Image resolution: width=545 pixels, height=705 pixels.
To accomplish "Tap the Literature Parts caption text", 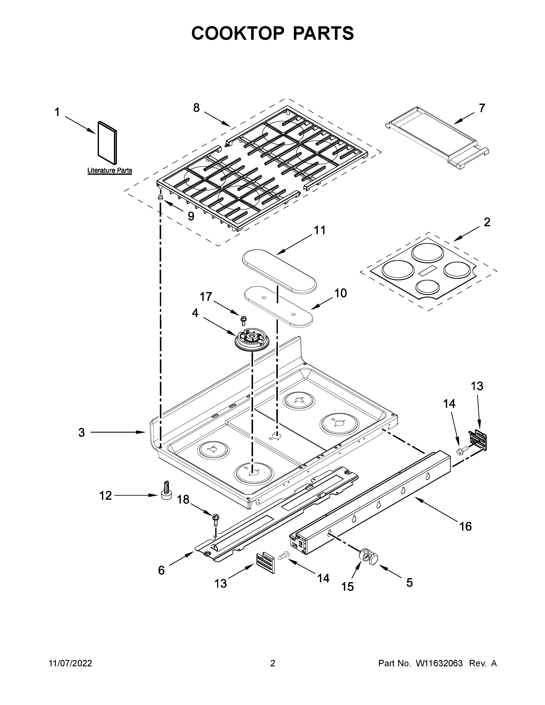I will click(110, 170).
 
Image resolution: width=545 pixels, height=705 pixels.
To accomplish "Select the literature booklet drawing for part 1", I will click(108, 143).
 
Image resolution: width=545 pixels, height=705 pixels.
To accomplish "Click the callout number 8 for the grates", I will click(196, 108).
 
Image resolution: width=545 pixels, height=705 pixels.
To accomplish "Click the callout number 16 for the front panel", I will click(465, 526).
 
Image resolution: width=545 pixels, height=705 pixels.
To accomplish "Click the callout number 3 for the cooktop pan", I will click(81, 432).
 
